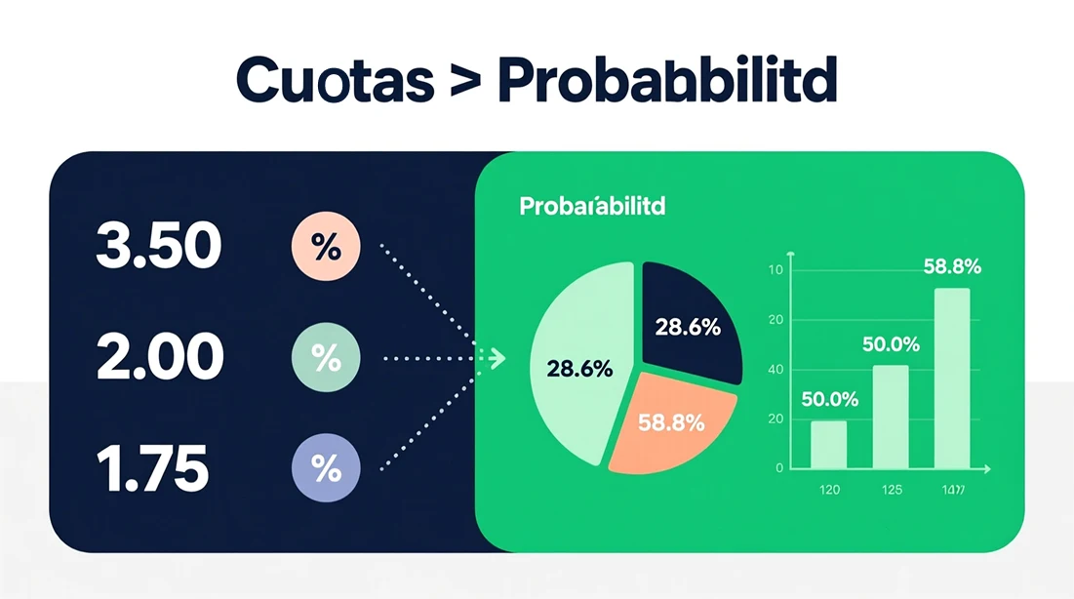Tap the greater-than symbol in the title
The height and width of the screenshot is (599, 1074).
[465, 83]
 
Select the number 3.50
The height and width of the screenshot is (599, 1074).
[158, 246]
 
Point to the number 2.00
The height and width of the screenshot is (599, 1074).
[160, 358]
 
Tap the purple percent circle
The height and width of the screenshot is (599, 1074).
[326, 469]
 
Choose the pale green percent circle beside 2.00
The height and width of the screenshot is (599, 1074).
[326, 359]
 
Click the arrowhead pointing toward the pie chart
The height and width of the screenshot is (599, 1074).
[497, 359]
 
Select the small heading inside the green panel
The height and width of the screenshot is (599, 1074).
[592, 207]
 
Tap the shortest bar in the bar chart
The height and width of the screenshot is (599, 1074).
[828, 444]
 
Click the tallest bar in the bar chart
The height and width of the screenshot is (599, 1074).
[951, 378]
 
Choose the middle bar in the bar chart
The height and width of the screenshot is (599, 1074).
[890, 417]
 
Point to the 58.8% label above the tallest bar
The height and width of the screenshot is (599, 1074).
[951, 266]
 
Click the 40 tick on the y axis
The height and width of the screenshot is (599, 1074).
[776, 370]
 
